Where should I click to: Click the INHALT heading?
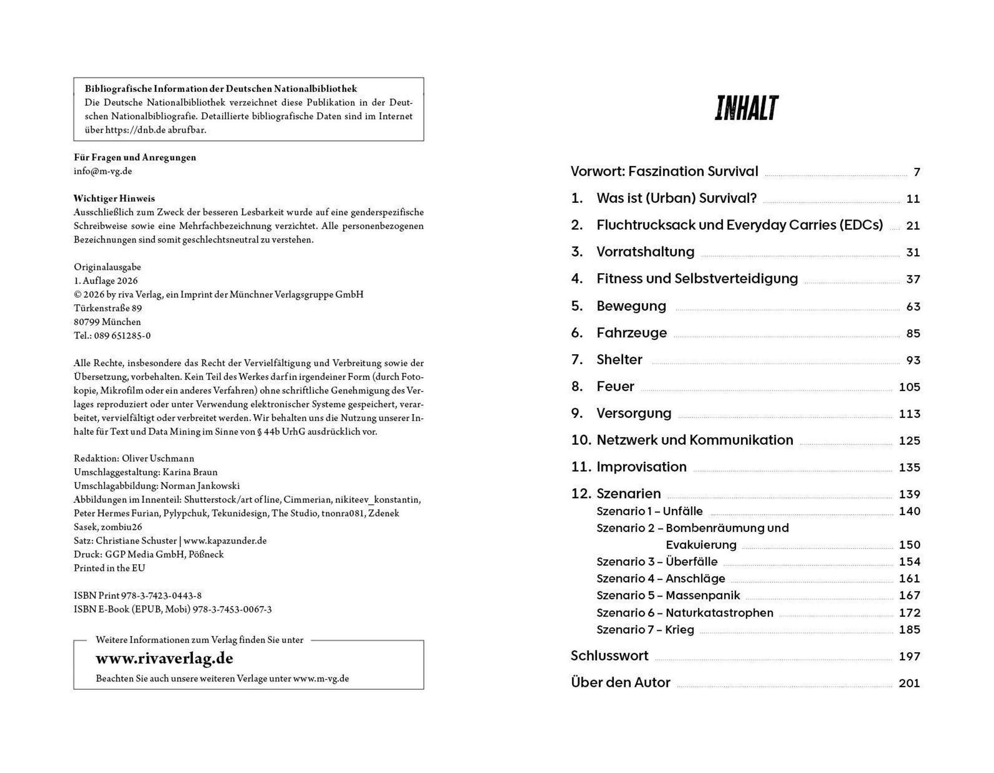coord(746,108)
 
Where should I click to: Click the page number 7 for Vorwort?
coord(917,172)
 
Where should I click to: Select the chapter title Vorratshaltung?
coord(645,252)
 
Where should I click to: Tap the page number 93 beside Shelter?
coord(913,360)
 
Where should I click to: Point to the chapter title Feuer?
coord(615,386)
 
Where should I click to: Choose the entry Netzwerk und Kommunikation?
coord(695,440)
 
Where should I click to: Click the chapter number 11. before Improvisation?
coord(581,467)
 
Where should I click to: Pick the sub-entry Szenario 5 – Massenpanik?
coord(668,595)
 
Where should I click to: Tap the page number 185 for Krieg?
coord(910,630)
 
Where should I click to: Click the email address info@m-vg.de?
coord(103,171)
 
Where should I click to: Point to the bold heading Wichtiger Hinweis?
coord(114,198)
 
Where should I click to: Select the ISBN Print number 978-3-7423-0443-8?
coord(161,595)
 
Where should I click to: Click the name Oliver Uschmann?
coord(158,459)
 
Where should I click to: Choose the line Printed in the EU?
coord(109,568)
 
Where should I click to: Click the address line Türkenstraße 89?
coord(108,308)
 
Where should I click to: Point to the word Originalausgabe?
coord(107,267)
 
